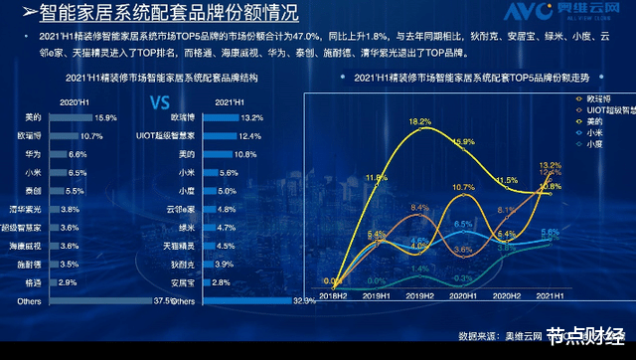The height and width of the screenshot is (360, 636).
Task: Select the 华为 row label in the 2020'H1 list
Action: tap(33, 154)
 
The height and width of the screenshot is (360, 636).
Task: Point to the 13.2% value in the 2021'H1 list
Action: tap(251, 117)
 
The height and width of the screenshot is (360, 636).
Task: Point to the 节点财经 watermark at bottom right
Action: tap(586, 336)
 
